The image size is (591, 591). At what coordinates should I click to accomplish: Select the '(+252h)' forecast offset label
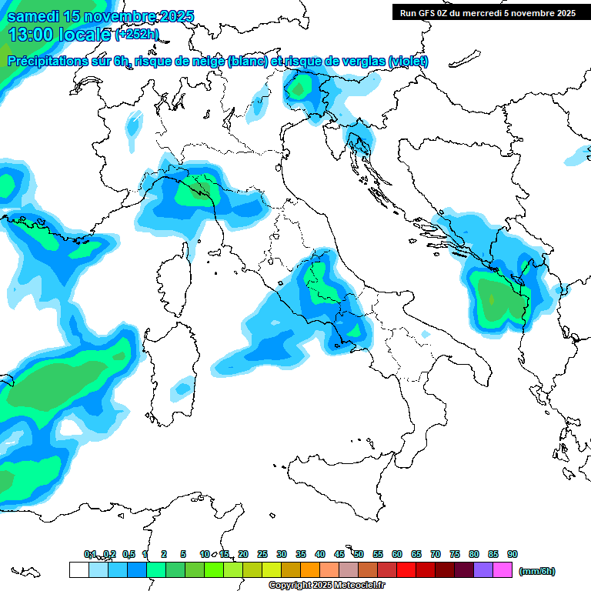[x=137, y=34]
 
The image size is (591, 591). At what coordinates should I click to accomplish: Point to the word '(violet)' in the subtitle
[x=409, y=62]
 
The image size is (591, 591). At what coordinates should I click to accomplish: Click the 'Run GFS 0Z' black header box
[x=487, y=12]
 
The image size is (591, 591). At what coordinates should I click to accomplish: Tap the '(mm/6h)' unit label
[x=537, y=571]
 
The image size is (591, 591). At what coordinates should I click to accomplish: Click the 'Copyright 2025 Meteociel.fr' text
[x=326, y=585]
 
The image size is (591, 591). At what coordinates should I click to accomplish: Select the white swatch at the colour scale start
[x=78, y=570]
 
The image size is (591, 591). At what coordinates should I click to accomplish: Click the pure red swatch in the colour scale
[x=406, y=570]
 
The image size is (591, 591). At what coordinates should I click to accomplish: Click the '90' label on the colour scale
[x=513, y=554]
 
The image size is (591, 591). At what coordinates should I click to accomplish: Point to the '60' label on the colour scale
[x=397, y=554]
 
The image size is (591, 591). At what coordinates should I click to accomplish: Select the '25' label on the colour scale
[x=262, y=554]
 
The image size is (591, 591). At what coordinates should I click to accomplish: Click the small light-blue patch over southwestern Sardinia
[x=182, y=389]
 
